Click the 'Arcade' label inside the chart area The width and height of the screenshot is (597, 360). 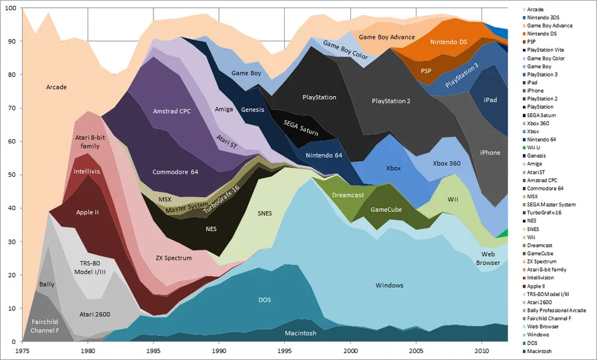point(56,87)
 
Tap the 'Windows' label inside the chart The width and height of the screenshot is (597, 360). point(389,285)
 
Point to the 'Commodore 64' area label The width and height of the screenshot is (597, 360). point(175,173)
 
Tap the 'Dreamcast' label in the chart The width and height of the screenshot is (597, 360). point(348,195)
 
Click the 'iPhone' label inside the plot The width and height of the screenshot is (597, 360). point(490,153)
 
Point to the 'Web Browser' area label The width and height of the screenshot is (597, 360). point(488,258)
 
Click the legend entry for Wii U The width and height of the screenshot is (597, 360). point(537,147)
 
